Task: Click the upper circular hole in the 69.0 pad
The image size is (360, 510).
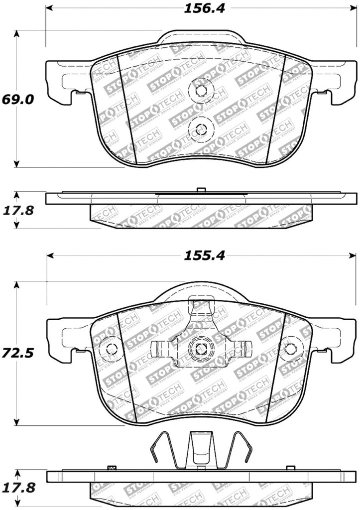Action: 201,91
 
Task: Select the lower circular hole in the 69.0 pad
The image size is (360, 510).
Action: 201,127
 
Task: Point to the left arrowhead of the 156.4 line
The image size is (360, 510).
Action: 49,9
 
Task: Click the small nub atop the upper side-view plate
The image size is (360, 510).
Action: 201,190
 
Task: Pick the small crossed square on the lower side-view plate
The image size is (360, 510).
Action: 112,468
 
